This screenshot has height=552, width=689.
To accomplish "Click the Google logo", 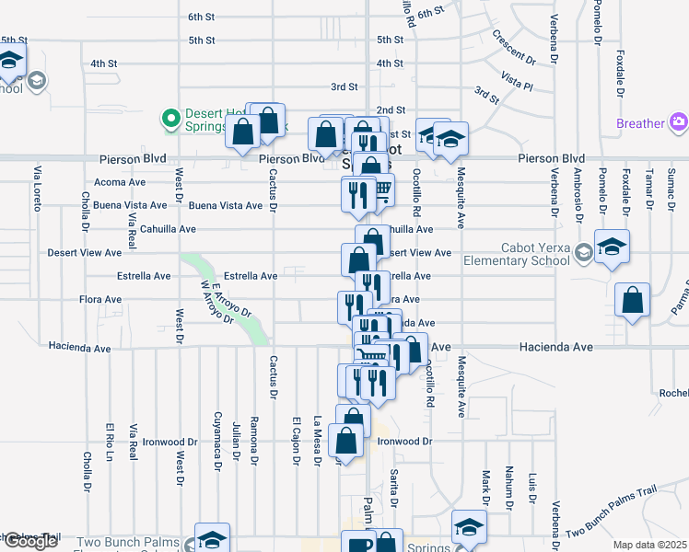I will tap(29, 541).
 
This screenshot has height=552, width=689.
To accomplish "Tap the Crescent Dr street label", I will tap(514, 48).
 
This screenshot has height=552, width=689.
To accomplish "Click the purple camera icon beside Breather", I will tap(678, 122).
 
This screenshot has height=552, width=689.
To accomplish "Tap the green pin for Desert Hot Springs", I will tap(170, 118).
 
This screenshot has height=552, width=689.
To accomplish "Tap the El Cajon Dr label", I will tap(296, 442).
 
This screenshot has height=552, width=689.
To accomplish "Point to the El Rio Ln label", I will tap(110, 442).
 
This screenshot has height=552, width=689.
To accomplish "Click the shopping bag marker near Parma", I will tap(633, 300).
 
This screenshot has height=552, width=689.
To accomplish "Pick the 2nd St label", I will tap(391, 109).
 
